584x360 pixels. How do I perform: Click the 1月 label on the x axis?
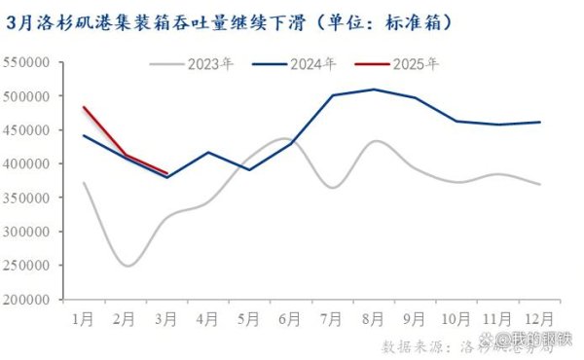pos(84,319)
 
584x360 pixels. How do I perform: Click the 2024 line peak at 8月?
pos(374,90)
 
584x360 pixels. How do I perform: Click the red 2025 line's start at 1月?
pos(84,107)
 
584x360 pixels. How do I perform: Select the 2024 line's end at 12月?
pos(540,122)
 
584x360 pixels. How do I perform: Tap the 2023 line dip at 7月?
pos(334,187)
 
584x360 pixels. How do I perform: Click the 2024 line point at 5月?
pos(250,169)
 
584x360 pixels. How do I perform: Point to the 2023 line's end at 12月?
pos(540,184)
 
